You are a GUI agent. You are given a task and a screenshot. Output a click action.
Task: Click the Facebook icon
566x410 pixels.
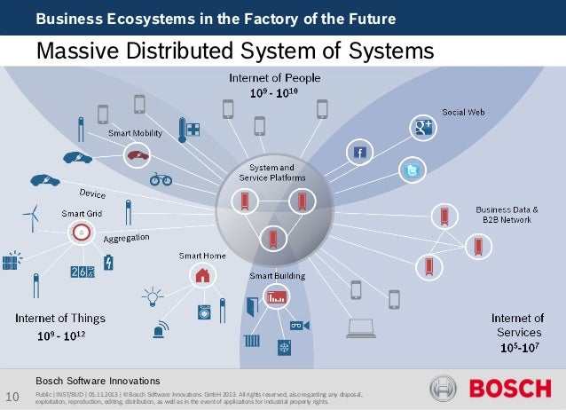(x=359, y=153)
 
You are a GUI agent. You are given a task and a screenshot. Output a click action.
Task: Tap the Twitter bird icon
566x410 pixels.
(x=412, y=169)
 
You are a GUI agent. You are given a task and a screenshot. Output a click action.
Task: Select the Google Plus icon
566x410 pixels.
(x=421, y=127)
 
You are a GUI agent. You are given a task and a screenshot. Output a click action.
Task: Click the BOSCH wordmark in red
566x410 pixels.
(x=510, y=389)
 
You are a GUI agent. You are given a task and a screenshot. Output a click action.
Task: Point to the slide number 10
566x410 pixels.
(x=12, y=395)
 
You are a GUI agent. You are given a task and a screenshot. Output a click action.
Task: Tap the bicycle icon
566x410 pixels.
(x=161, y=178)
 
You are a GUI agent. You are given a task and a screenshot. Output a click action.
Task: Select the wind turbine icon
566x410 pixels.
(x=31, y=216)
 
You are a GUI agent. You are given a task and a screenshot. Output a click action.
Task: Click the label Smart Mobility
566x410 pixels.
(x=135, y=133)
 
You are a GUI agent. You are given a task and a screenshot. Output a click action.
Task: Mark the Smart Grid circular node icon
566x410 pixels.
(x=81, y=233)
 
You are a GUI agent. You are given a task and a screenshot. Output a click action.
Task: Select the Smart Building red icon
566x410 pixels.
(x=277, y=296)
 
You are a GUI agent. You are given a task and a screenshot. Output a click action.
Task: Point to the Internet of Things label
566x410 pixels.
(x=59, y=318)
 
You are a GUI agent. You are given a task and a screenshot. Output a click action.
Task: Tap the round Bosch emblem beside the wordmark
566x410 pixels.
(x=443, y=389)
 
